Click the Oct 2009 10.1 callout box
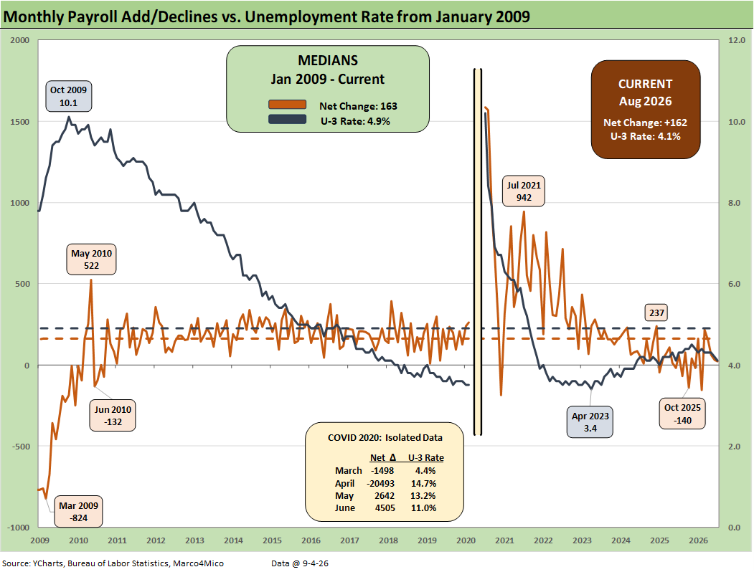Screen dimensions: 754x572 click(69, 97)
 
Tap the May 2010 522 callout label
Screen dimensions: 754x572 click(91, 259)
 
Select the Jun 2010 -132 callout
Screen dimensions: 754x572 click(113, 416)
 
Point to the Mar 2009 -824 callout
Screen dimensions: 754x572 click(78, 512)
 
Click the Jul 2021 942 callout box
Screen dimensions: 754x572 click(524, 191)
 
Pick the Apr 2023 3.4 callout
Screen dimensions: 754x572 click(590, 422)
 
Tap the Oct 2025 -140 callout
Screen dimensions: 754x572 click(682, 414)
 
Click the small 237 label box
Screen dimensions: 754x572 click(656, 313)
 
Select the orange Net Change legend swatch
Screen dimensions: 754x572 click(287, 105)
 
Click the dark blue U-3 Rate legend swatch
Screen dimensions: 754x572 click(287, 119)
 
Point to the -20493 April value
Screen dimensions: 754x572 click(381, 484)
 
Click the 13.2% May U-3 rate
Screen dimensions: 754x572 click(424, 495)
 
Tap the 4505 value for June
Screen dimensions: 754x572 click(385, 508)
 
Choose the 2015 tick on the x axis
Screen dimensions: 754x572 click(272, 540)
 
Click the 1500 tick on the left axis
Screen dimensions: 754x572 click(19, 122)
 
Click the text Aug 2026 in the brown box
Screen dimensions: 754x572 click(646, 101)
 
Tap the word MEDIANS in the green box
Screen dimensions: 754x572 click(328, 60)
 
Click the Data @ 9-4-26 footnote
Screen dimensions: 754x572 click(300, 563)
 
